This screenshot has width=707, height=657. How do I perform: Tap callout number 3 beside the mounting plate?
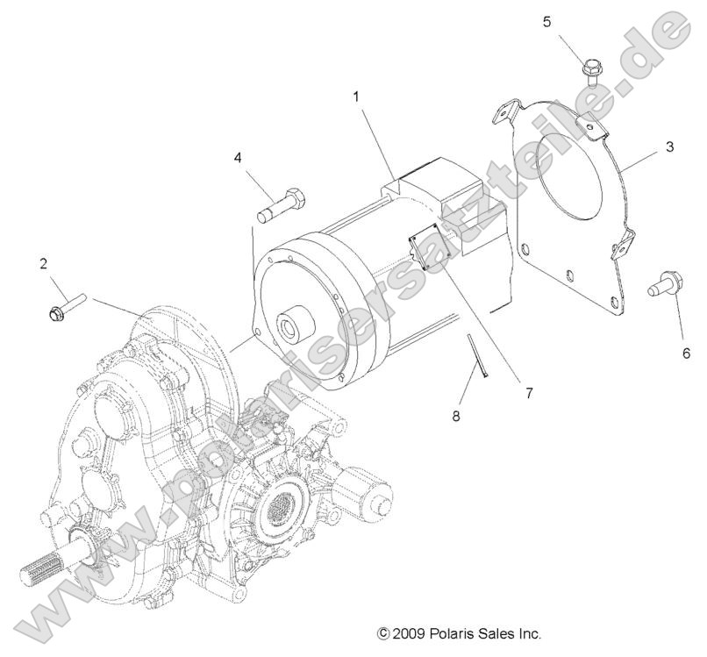coord(668,146)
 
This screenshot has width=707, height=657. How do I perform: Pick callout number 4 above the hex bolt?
coord(237,158)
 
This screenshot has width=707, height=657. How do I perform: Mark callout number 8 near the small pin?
coord(455,416)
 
